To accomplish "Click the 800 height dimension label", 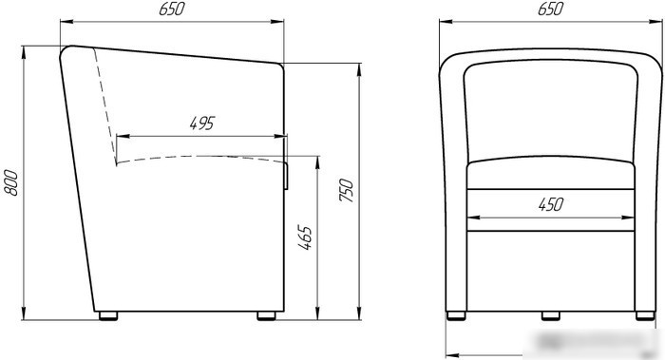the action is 11,182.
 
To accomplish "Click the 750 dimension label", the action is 347,190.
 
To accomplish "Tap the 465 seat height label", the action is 305,237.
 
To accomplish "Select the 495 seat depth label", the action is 202,123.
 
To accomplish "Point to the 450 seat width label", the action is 551,204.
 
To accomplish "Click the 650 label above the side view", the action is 172,9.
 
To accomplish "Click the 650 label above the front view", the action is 550,9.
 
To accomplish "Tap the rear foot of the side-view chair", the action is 108,315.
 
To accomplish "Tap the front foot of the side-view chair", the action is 266,315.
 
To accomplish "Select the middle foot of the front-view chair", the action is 550,315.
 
